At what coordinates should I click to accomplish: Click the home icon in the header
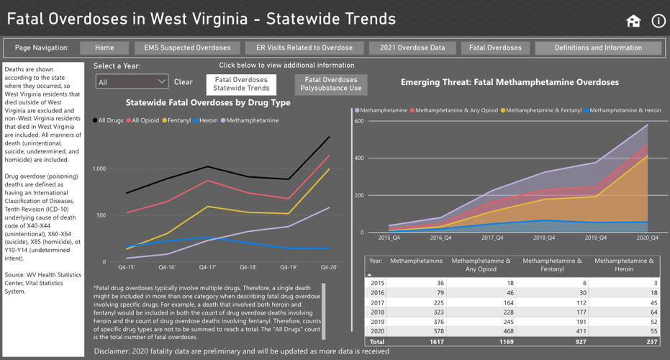click(633, 21)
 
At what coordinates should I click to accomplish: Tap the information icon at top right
click(658, 21)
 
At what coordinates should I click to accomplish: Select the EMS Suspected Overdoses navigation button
click(187, 48)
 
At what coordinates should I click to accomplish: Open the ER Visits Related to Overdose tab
click(304, 48)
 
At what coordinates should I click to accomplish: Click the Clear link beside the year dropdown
click(184, 82)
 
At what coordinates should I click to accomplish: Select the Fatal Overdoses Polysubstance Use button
click(331, 84)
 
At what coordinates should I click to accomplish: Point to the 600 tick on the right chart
click(358, 121)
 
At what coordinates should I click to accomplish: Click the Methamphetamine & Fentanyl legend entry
click(540, 110)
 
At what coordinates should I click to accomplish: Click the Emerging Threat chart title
click(510, 83)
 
